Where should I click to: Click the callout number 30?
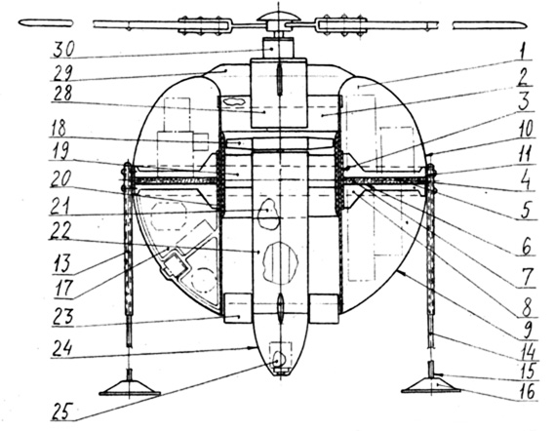[64, 50]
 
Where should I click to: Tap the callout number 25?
[63, 411]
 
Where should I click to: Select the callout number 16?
[526, 392]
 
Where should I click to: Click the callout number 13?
[62, 263]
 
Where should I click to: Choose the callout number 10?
[525, 129]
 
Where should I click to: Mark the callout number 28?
[61, 94]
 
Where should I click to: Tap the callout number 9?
[527, 330]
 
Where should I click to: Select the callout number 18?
[59, 129]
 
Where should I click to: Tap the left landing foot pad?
[130, 389]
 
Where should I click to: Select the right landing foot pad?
[431, 386]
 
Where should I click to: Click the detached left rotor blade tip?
[46, 23]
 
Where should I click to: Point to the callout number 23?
[63, 316]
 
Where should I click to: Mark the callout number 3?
[525, 101]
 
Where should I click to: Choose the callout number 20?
[60, 178]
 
